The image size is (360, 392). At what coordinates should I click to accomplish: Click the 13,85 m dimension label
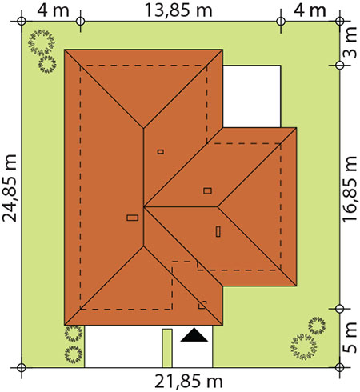(x=178, y=10)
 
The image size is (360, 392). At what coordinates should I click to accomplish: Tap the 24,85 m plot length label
(x=10, y=188)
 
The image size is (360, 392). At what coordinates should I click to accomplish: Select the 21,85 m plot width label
(x=189, y=382)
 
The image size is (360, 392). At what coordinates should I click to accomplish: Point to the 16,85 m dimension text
(x=350, y=189)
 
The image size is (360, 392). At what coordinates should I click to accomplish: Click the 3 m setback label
(x=350, y=42)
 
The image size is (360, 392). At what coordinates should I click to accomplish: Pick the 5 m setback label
(x=350, y=338)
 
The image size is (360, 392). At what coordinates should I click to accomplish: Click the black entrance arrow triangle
(x=194, y=335)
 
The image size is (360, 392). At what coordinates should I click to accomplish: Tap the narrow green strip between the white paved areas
(x=167, y=348)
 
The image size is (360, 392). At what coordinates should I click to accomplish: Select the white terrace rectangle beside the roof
(x=252, y=96)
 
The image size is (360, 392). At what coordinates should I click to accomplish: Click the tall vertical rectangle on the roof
(x=218, y=231)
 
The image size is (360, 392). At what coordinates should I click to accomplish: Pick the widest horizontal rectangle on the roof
(x=133, y=218)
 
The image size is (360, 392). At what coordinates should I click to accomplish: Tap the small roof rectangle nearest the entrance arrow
(x=202, y=305)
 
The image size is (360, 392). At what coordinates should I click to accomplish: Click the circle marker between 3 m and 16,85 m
(x=339, y=65)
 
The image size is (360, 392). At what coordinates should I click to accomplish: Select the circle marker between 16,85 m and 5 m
(x=339, y=309)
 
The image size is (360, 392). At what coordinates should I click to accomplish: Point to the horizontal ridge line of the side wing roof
(x=181, y=206)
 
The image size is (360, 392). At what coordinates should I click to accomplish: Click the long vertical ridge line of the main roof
(x=144, y=187)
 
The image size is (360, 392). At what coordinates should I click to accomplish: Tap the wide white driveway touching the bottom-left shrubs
(x=123, y=346)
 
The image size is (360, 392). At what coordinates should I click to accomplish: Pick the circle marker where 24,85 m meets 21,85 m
(x=22, y=367)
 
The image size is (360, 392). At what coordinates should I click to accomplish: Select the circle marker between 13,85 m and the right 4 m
(x=281, y=21)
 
